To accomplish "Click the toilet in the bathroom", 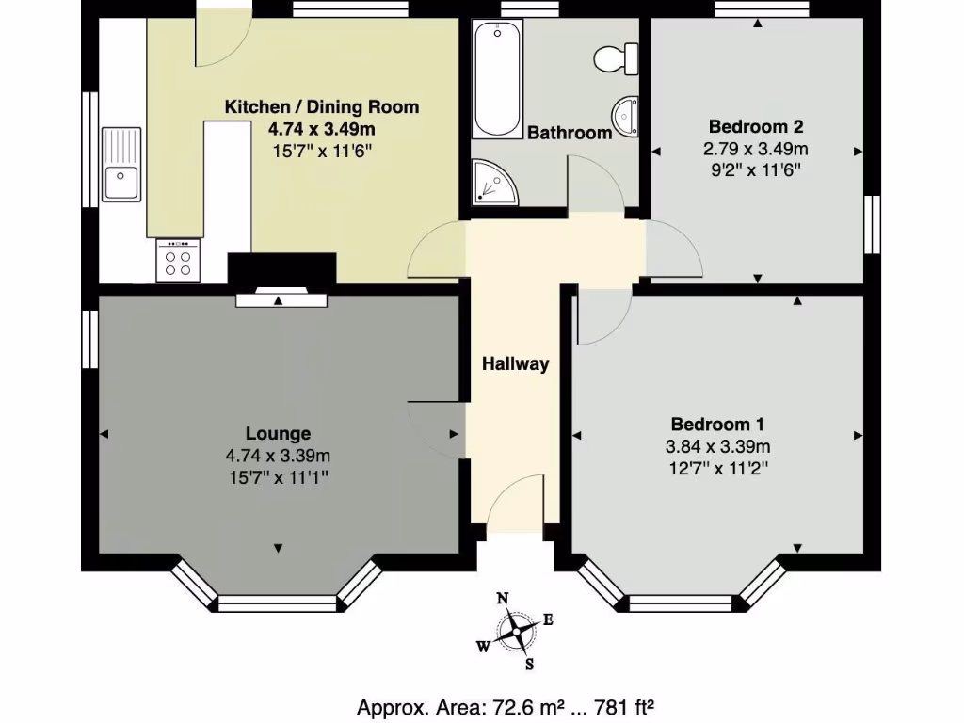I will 616,58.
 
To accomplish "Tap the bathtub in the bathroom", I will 496,79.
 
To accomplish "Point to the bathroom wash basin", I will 626,117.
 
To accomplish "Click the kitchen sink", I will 121,165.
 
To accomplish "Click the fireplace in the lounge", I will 281,299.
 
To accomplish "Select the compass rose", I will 515,631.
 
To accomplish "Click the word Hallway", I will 515,364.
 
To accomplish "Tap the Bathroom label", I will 569,133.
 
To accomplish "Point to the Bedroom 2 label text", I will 756,126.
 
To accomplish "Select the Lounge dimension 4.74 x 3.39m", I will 278,456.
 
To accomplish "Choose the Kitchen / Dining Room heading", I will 321,107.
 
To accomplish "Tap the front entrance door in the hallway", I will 518,499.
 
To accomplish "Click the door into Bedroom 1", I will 602,315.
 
